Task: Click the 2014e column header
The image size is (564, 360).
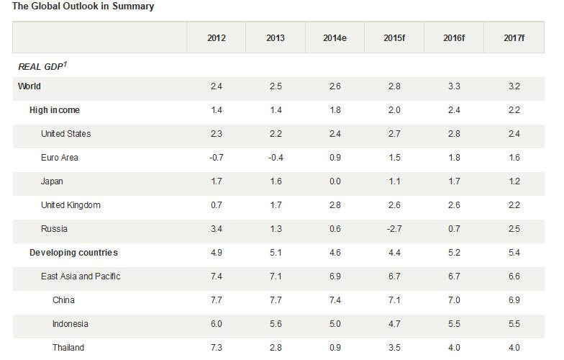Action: (x=335, y=37)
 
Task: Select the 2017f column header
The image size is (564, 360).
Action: (x=514, y=37)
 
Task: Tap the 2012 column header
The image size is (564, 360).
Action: (x=216, y=37)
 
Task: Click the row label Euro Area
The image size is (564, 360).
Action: (x=59, y=157)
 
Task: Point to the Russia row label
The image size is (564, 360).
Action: (x=54, y=229)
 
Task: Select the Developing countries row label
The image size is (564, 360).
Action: (x=73, y=252)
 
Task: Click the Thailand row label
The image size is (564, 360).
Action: (x=68, y=347)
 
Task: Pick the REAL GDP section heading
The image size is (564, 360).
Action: (x=42, y=66)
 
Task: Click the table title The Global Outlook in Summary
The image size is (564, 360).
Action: (x=83, y=6)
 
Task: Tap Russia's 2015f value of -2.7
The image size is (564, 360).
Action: (x=394, y=229)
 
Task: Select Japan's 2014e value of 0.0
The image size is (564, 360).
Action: (x=335, y=181)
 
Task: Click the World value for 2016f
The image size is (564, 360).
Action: (x=454, y=86)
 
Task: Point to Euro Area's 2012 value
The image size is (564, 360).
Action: (x=216, y=157)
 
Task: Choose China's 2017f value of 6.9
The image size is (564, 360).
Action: (x=514, y=300)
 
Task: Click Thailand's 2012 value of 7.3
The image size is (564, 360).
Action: (x=216, y=347)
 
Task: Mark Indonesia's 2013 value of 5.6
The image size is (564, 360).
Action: (x=276, y=324)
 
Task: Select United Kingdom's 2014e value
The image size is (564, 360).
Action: (x=335, y=204)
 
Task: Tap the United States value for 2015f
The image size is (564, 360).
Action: (x=394, y=134)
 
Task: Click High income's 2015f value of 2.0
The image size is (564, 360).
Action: (x=394, y=109)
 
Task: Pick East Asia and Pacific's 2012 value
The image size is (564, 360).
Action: (x=216, y=276)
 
